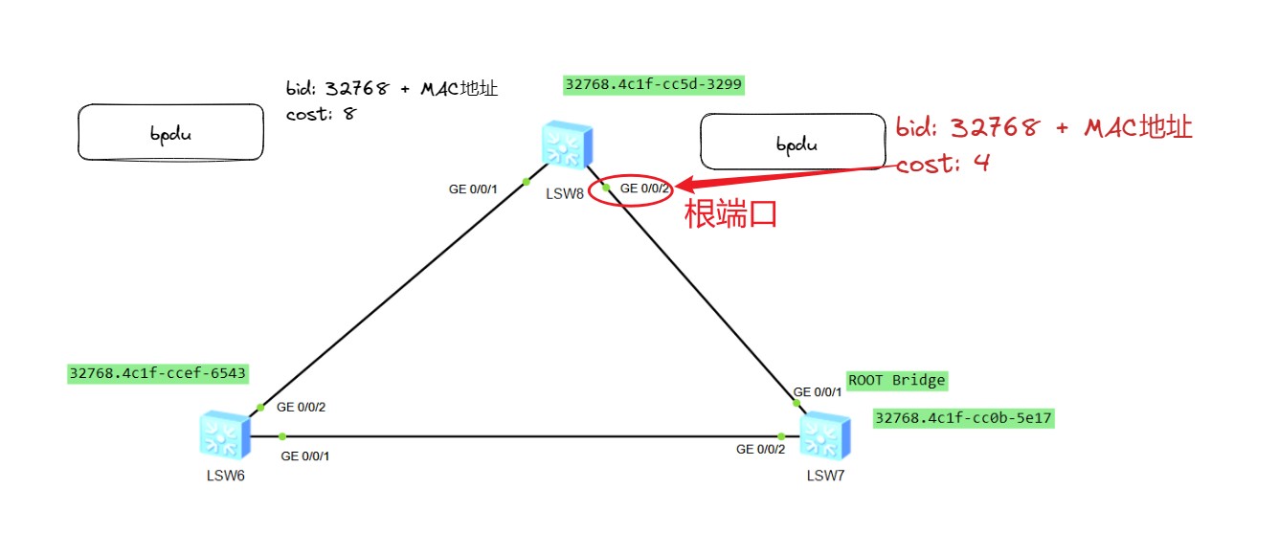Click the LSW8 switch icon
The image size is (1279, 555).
click(566, 146)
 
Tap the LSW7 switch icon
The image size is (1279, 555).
click(824, 436)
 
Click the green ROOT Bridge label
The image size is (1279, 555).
click(897, 381)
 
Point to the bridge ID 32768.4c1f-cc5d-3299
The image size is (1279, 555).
click(654, 84)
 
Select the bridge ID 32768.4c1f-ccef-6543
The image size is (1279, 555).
click(158, 372)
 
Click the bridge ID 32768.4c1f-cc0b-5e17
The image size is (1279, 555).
click(964, 418)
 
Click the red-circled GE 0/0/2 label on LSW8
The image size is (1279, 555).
click(644, 189)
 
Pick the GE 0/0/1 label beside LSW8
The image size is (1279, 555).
click(473, 189)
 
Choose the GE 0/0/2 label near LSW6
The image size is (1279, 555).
click(302, 407)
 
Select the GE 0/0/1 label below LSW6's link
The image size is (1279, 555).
click(305, 455)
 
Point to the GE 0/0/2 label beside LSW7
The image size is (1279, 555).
click(760, 450)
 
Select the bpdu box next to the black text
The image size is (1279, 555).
click(170, 132)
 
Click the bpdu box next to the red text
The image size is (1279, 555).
click(793, 144)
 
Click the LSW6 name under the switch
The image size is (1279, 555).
click(226, 477)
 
